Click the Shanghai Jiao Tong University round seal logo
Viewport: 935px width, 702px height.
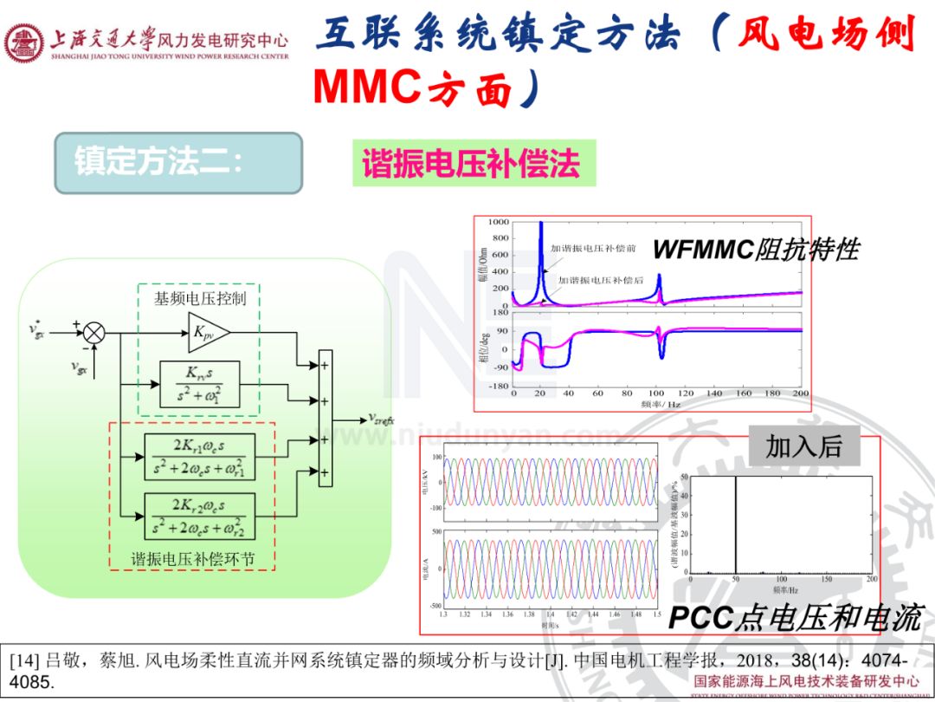coord(24,42)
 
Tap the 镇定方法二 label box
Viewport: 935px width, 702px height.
coord(177,162)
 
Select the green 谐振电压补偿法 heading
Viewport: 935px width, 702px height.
coord(474,163)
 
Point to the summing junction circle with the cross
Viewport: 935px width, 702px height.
coord(93,332)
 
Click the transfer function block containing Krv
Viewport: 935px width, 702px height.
coord(199,383)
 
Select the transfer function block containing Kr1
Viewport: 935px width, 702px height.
coord(199,456)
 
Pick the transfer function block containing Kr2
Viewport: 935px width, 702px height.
coord(199,515)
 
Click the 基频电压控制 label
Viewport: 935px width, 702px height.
coord(200,299)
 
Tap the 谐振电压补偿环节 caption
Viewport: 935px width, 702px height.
coord(192,559)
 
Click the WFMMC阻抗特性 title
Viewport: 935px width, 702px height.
coord(755,250)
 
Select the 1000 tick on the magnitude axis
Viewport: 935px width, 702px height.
coord(498,224)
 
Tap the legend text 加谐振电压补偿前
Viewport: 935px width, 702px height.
coord(593,249)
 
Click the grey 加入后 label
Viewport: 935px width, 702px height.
coord(804,445)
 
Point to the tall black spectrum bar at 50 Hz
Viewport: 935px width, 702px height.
coord(736,524)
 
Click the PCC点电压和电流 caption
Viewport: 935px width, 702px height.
coord(795,617)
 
